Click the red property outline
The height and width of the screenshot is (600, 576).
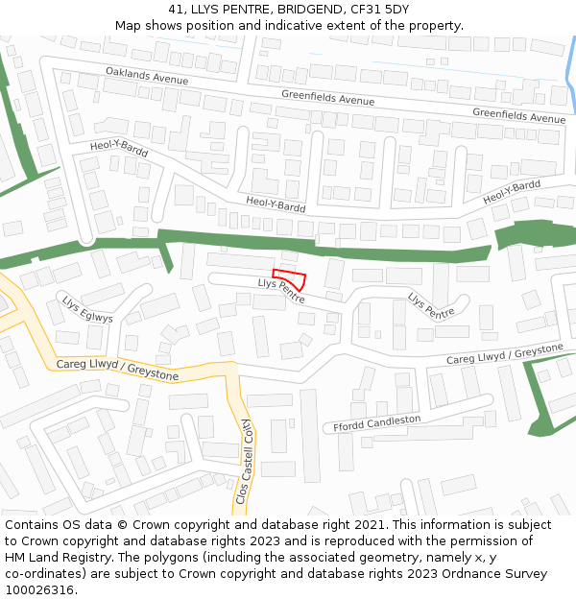tap(292, 278)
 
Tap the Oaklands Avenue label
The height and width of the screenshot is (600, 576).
tap(147, 75)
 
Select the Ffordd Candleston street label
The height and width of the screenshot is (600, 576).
tap(376, 422)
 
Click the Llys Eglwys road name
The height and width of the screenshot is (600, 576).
tap(87, 309)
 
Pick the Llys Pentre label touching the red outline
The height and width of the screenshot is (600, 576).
tap(281, 291)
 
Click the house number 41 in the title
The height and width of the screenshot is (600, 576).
tap(176, 10)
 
